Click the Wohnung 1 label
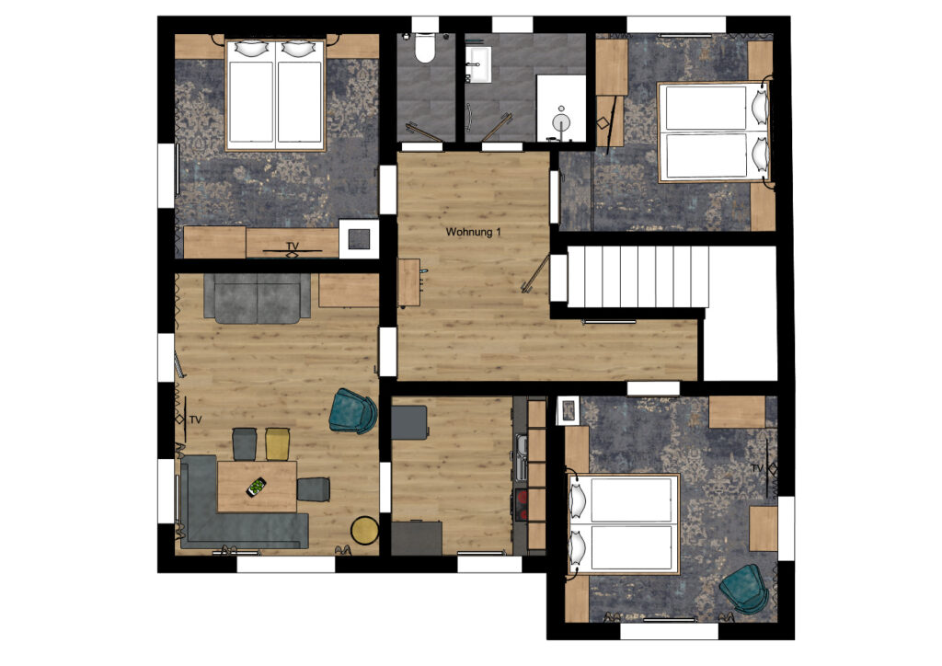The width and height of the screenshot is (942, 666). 473,232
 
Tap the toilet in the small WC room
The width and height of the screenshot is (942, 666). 425,48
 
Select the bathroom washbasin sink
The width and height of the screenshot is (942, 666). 478,65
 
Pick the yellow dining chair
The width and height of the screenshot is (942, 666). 278,443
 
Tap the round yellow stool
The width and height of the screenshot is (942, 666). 364,530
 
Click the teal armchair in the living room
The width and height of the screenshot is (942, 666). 353,411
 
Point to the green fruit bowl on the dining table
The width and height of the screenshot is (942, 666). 258,487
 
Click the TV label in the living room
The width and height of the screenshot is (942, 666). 195,420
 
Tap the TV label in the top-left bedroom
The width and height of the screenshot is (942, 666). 293,247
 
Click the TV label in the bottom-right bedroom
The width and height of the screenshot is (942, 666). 757,468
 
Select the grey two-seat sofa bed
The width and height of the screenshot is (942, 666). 258,298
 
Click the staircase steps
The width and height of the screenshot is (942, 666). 638,276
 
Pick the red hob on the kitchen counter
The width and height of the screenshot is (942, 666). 521,505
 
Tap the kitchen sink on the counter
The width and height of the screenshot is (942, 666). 521,457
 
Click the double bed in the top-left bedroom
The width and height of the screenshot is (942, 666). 275,96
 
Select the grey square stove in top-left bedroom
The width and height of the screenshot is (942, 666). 360,239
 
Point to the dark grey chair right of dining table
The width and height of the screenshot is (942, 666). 313,488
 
